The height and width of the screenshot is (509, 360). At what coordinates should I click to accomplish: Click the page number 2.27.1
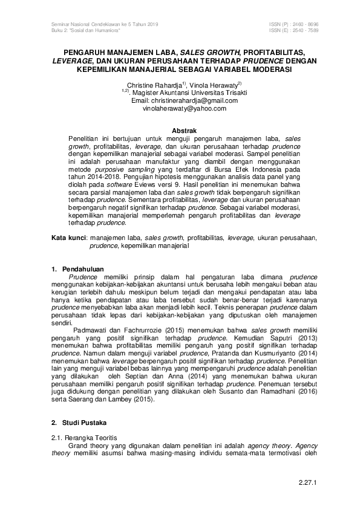[x=308, y=482]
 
